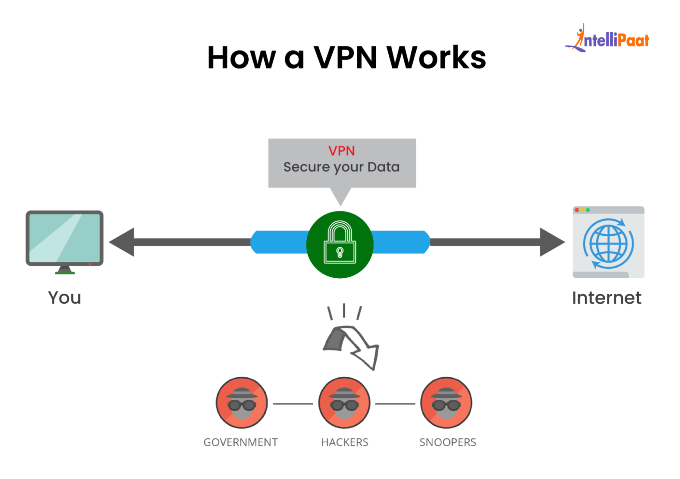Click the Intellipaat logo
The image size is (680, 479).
point(607,39)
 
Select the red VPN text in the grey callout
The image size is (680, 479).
point(341,151)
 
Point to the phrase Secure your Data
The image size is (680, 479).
point(341,167)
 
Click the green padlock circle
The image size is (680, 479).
point(340,244)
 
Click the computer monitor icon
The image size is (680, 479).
point(65,239)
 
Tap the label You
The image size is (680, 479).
point(65,298)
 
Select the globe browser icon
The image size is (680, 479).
point(608,242)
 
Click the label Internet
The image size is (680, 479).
point(607,298)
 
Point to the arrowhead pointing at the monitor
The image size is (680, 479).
point(122,242)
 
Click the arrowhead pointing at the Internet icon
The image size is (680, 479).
point(552,242)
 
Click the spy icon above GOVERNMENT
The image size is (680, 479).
point(242,402)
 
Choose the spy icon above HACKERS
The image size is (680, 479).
point(344,402)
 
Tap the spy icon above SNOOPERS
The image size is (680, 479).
point(446,402)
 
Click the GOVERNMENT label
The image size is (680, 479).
point(240,442)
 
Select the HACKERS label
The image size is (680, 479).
point(344,442)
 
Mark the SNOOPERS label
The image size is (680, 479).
point(448,442)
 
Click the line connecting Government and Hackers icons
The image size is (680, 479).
point(293,404)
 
